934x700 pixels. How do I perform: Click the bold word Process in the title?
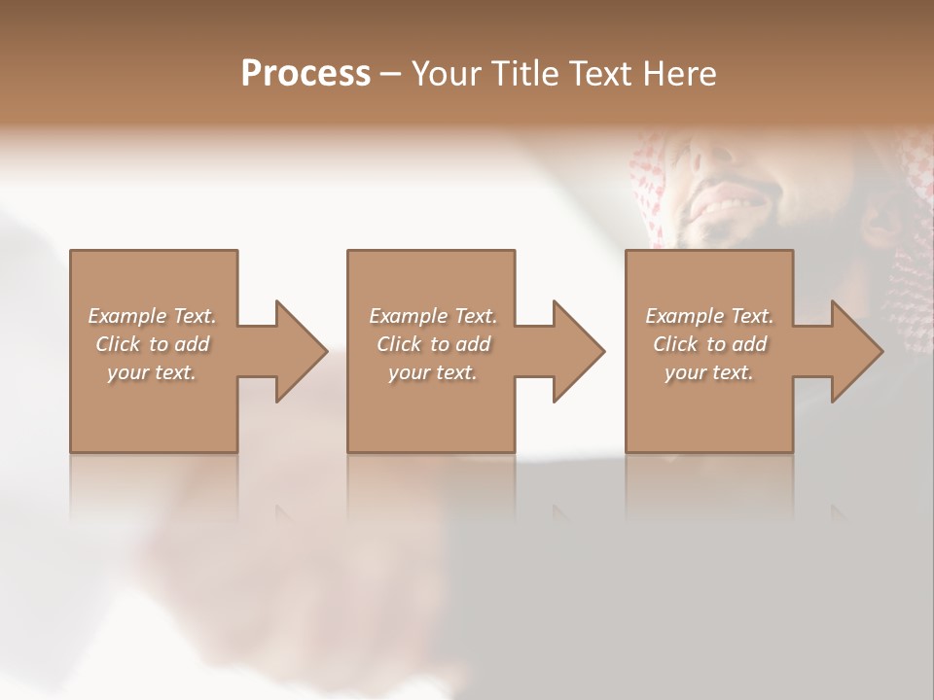click(305, 74)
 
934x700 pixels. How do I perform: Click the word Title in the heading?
click(521, 74)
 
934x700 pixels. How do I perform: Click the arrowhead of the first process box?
click(301, 351)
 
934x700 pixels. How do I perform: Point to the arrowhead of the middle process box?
click(579, 351)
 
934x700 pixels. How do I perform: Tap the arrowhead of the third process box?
click(857, 351)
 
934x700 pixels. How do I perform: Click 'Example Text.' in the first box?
click(152, 316)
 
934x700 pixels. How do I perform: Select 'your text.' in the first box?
click(152, 372)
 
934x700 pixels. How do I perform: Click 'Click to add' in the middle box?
click(433, 344)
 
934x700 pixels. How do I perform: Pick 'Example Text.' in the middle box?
click(433, 316)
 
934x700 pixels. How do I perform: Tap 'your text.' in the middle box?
click(433, 372)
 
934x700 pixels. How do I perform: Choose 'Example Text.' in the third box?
click(709, 316)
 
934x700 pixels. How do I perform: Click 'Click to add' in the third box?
click(709, 344)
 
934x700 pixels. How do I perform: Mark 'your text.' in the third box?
click(709, 372)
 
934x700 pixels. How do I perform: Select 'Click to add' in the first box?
click(152, 344)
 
